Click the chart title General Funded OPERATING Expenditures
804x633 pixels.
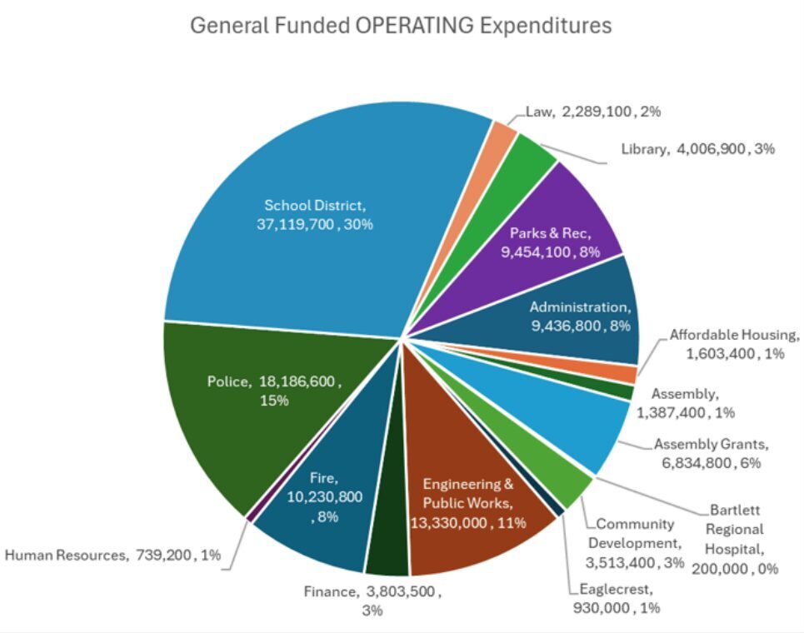[401, 25]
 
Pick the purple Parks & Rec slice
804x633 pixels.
[555, 242]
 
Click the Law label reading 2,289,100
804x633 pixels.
[593, 111]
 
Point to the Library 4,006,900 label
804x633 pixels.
[698, 149]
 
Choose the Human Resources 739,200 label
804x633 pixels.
[113, 556]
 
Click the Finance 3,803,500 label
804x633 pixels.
[372, 601]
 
